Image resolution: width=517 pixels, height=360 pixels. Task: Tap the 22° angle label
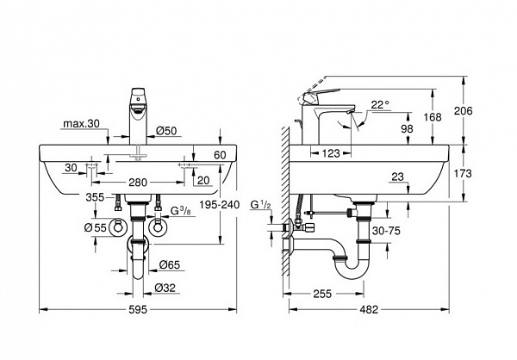(381, 104)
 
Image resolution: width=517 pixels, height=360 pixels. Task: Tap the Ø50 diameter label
(165, 131)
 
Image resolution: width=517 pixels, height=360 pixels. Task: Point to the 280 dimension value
(137, 183)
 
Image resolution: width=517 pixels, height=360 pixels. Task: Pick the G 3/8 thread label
(179, 211)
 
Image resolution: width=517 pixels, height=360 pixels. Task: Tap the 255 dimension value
(322, 293)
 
